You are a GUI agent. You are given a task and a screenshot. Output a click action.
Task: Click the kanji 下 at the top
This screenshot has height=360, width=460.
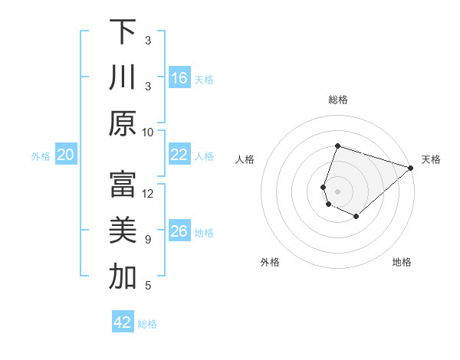[123, 31]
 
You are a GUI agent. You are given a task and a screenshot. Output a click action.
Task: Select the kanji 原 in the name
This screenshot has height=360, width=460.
[123, 123]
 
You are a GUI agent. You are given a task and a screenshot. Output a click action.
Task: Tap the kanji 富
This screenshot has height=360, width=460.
[123, 185]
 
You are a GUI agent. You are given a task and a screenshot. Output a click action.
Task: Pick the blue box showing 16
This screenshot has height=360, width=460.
[179, 77]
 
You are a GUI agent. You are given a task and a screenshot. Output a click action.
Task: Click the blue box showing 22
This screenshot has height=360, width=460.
[179, 155]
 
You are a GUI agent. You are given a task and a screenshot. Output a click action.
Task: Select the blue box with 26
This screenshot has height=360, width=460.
[179, 231]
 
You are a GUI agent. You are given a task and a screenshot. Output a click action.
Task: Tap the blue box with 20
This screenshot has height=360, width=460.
[66, 155]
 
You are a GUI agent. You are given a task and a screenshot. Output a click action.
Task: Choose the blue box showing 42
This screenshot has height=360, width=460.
[123, 322]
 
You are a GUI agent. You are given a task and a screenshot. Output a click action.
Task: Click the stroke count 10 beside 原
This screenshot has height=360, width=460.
[148, 132]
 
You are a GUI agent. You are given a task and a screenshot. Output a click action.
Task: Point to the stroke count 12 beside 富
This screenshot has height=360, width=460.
[148, 193]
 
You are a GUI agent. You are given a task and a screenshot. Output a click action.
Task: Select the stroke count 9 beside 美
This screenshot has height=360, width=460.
[148, 240]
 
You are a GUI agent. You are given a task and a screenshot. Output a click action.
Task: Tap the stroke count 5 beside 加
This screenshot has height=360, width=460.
[148, 286]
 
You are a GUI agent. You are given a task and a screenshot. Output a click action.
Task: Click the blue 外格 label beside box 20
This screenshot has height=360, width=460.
[41, 156]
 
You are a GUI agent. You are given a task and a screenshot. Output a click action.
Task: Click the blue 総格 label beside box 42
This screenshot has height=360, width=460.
[147, 324]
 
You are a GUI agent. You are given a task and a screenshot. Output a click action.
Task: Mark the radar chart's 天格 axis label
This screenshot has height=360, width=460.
[431, 159]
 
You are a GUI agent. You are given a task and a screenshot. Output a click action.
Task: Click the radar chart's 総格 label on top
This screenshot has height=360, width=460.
[337, 100]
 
